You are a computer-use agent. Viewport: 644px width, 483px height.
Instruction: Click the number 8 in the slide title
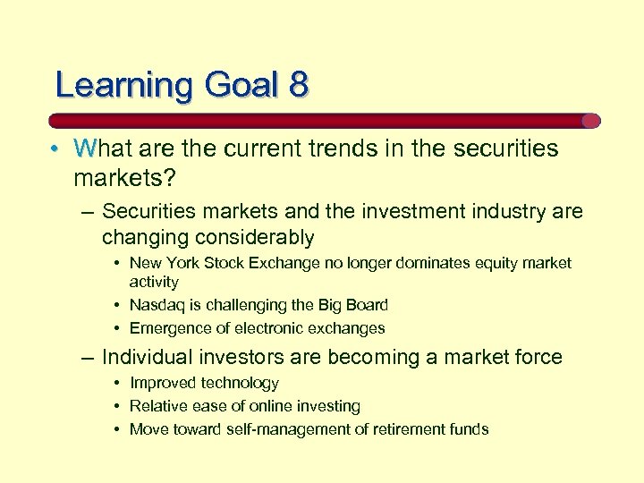298,85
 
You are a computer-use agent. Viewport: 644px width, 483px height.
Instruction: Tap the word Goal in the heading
241,85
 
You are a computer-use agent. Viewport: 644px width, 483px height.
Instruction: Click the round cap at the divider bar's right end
590,121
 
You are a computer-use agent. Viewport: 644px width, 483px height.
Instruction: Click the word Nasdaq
157,305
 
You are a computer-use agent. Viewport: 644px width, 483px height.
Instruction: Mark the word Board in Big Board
367,305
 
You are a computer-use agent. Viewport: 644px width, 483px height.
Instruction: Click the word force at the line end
532,358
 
